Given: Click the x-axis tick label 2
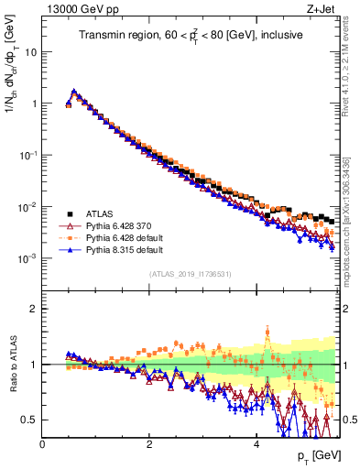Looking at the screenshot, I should [x=149, y=443].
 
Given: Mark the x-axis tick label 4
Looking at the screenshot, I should [x=256, y=443].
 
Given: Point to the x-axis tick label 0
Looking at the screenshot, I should [x=42, y=443].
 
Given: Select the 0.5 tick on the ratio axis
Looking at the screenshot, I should [x=29, y=420].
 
